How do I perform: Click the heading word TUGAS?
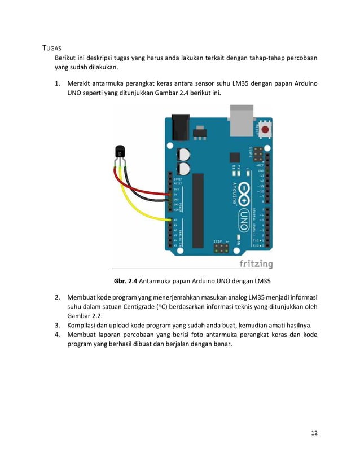coord(52,47)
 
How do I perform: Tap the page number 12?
coord(314,433)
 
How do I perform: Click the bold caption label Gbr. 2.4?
coord(125,281)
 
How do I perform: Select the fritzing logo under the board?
coord(256,263)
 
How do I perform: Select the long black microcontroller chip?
coord(197,210)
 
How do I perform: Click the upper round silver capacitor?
coord(183,153)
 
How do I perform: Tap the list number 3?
coord(58,326)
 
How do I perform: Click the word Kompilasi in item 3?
coord(83,326)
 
